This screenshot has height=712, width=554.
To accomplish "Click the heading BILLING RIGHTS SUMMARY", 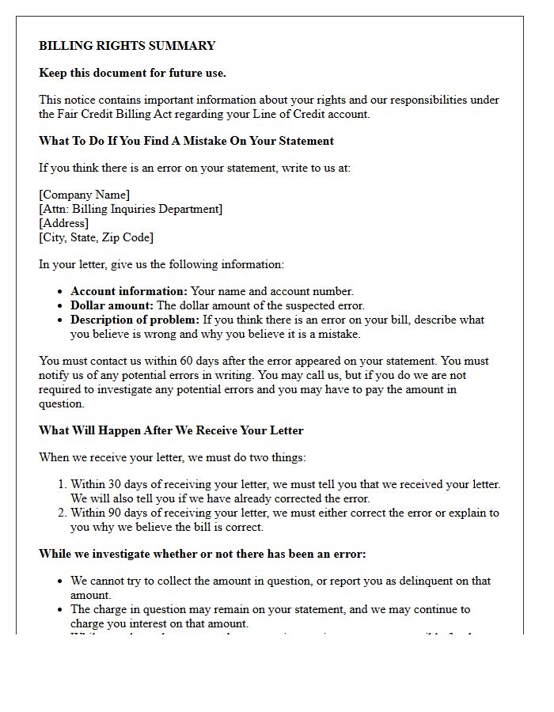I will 127,46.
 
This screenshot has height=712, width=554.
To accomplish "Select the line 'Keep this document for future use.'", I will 132,73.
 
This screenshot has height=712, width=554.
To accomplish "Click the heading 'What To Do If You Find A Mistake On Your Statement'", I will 186,141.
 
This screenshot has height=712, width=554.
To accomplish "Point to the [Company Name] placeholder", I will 85,195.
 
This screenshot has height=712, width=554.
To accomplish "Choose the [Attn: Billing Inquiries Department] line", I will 131,209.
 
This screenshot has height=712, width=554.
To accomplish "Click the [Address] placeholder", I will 63,223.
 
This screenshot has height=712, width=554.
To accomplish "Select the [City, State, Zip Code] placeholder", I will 96,237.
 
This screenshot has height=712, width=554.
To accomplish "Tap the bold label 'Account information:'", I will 129,291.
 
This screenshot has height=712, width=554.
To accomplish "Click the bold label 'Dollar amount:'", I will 112,305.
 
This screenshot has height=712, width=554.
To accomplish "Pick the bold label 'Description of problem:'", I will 135,320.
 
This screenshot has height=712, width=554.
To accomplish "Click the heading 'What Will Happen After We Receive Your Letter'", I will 171,430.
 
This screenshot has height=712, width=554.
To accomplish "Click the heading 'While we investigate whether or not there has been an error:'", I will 202,554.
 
